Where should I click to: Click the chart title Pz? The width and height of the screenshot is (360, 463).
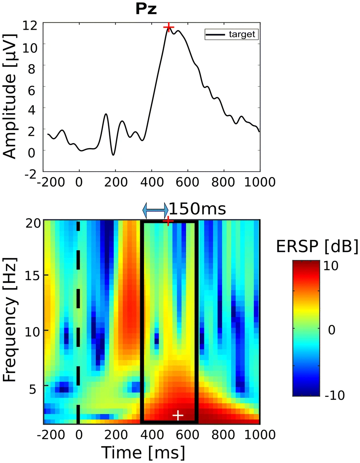pos(146,9)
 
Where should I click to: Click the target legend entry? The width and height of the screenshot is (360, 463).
pos(231,35)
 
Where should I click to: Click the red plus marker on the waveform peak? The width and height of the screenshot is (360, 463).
pos(169,27)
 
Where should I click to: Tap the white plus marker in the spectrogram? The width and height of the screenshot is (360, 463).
pos(178,415)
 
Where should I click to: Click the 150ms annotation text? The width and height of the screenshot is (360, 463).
pos(198,209)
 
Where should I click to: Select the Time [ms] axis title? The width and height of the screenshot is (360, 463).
pos(143,453)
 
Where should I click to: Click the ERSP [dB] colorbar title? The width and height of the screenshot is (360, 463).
pos(317,247)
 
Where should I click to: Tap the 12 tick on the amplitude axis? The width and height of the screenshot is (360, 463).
pos(30,26)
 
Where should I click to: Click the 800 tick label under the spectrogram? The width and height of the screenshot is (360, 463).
pos(223,434)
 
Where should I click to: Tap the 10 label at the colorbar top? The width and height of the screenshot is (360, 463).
pos(331,266)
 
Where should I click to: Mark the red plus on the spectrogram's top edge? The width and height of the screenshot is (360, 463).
pos(168,221)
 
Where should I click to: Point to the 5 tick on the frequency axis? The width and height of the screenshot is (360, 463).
pos(36,389)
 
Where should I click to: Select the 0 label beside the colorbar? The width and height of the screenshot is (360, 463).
pos(331,330)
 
